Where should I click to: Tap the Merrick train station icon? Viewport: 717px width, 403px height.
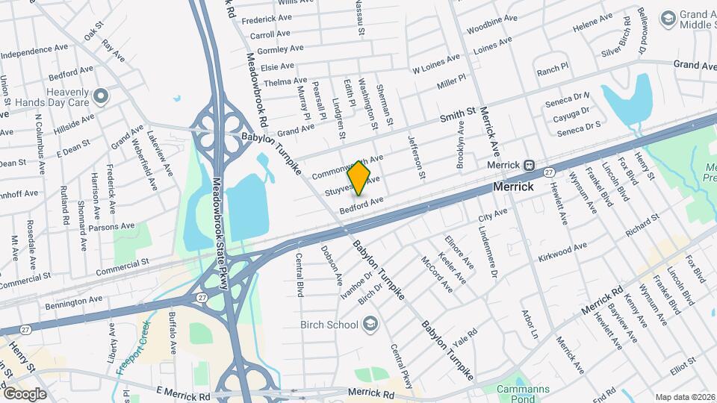coord(529,165)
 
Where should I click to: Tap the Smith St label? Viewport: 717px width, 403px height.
coord(457,115)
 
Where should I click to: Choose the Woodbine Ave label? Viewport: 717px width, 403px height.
coord(491,23)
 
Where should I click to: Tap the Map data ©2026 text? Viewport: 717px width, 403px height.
coord(684,397)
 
